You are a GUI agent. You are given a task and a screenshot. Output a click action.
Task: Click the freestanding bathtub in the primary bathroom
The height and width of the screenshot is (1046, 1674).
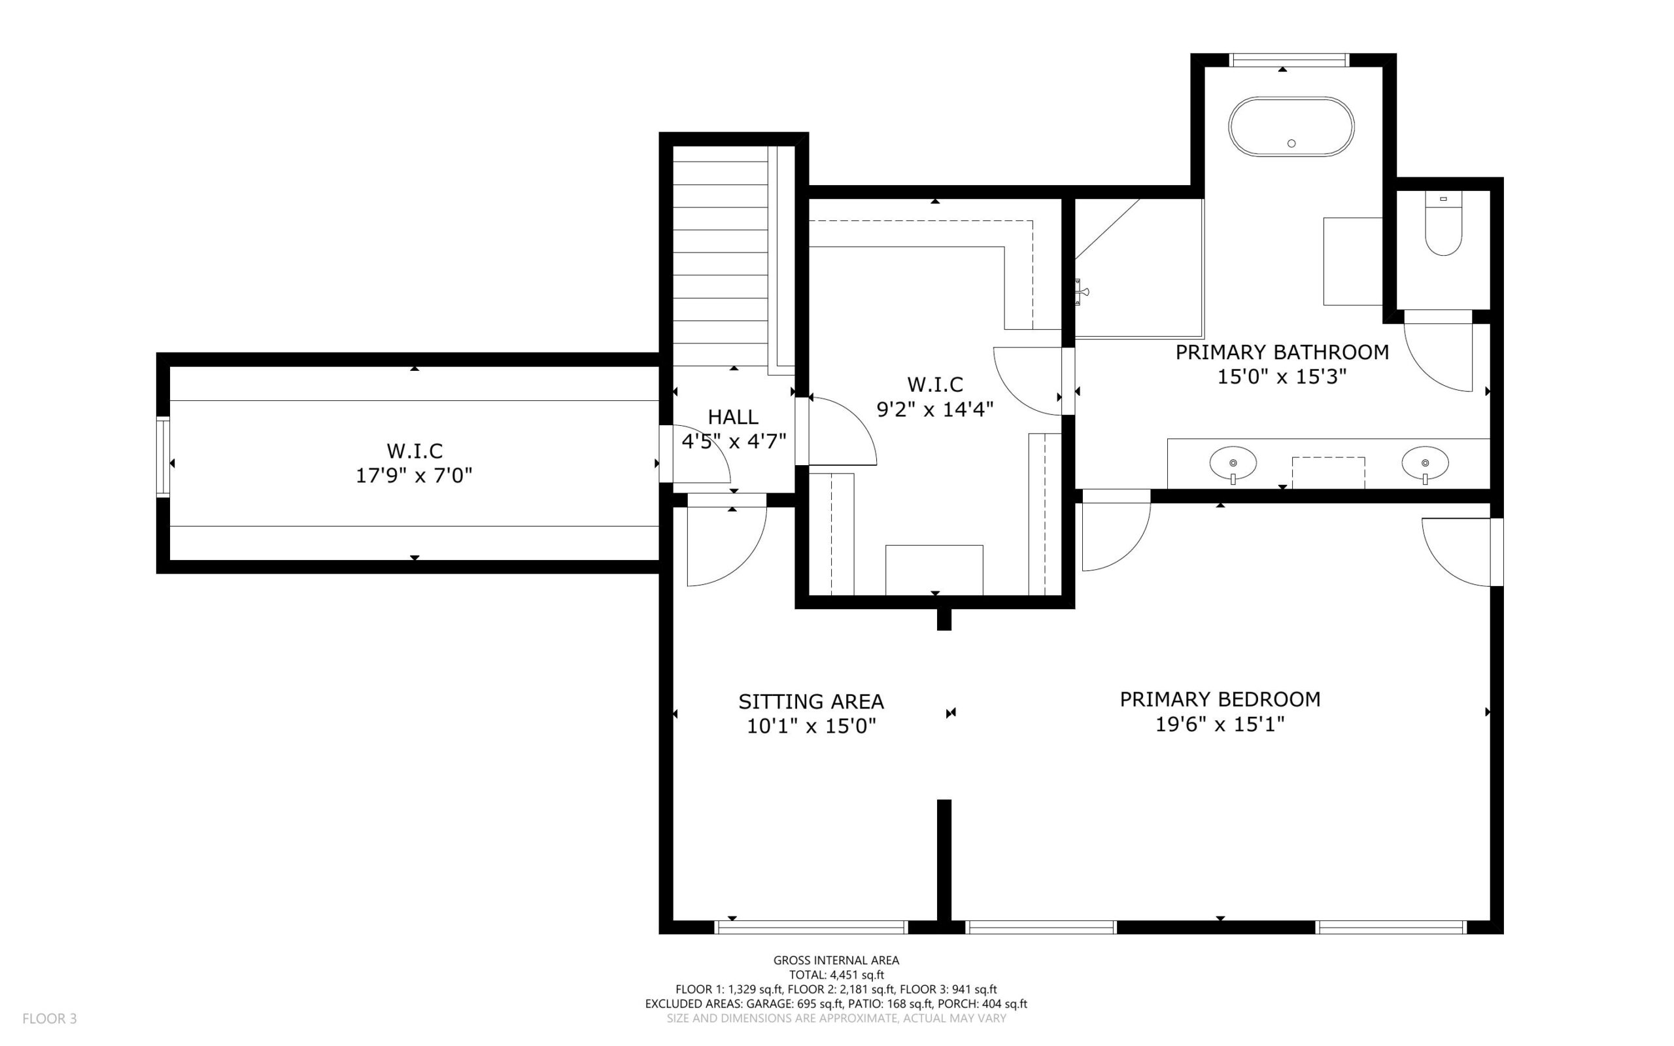coord(1291,127)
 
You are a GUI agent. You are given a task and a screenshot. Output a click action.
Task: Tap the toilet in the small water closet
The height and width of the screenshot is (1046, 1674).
coord(1443,224)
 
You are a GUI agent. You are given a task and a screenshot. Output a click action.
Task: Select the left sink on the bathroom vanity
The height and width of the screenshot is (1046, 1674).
coord(1233,464)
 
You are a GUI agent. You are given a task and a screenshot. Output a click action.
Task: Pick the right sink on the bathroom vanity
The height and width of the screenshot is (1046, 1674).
coord(1425,464)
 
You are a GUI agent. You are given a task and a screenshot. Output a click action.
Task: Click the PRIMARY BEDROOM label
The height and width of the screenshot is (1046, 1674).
coord(1220,699)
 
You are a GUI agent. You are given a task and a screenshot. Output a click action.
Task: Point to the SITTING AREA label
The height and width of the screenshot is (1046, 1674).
coord(811,701)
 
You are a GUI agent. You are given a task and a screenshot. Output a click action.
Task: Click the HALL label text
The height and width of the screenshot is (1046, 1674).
coord(733,417)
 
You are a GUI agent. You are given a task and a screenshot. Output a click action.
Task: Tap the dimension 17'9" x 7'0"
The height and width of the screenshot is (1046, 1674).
coord(413,476)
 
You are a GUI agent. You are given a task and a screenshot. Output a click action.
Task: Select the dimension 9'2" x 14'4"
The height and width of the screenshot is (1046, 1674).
coord(935,409)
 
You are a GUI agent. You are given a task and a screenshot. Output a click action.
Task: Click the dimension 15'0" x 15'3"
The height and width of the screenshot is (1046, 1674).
coord(1282,376)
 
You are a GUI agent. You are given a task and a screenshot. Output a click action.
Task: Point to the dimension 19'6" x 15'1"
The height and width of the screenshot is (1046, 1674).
coord(1220,724)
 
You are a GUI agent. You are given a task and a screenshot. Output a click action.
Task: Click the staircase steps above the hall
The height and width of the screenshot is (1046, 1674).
coord(721,256)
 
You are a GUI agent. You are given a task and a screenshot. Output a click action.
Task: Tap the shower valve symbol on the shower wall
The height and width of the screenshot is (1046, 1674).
coord(1081,292)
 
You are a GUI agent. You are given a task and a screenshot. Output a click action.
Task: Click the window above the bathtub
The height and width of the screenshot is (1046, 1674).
coord(1290,60)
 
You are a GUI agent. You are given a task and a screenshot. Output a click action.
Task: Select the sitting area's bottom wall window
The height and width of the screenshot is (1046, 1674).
coord(811,927)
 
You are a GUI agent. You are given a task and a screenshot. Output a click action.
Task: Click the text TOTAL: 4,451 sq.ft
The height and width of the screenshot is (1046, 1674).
coord(836,975)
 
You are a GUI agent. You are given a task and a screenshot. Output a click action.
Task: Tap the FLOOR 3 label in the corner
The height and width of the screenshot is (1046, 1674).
coord(50,1019)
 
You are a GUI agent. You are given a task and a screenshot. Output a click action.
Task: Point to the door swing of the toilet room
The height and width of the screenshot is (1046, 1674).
coord(1438,357)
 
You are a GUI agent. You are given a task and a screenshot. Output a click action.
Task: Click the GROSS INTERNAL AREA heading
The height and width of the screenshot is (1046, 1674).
coord(836,960)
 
